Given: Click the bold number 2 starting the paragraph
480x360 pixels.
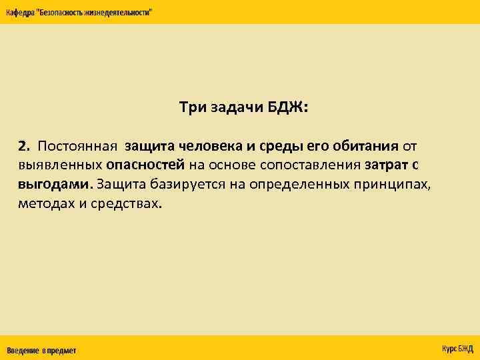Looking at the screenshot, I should tap(24, 145).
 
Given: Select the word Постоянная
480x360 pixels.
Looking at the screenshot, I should tap(77, 145).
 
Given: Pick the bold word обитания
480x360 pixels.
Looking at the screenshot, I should tap(365, 145).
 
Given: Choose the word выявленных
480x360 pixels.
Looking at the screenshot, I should tap(60, 165).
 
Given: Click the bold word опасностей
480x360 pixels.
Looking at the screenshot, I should tap(145, 165).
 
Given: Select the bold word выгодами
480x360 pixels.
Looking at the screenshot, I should tap(53, 184).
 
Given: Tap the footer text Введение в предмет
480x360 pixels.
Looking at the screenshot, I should tap(41, 351).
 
